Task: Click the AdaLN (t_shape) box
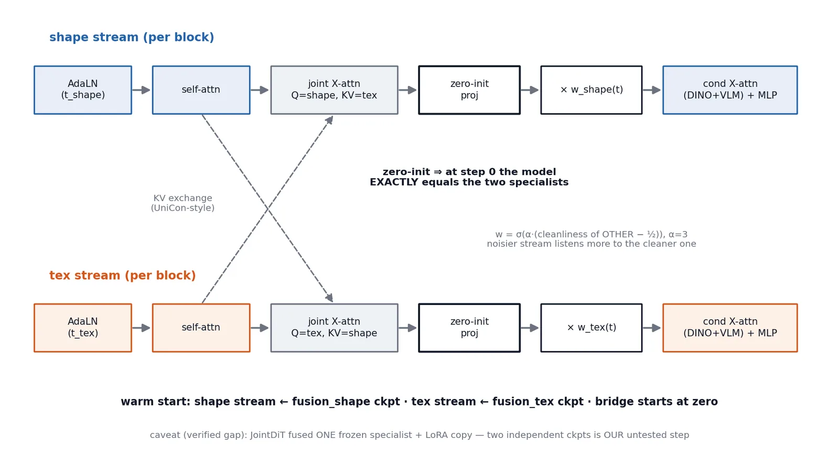tap(83, 90)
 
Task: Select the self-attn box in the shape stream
tap(201, 90)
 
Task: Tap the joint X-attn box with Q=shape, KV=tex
tap(334, 90)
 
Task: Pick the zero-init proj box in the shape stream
tap(469, 90)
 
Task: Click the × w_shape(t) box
tap(591, 90)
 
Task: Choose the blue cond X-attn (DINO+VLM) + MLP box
tap(730, 90)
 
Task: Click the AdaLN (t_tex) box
tap(83, 328)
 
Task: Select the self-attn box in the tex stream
tap(201, 328)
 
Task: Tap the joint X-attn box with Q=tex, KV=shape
tap(334, 328)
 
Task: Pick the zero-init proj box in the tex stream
tap(469, 328)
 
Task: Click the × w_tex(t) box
tap(591, 328)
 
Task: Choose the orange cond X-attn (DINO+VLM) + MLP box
tap(730, 328)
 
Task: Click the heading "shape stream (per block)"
tap(132, 37)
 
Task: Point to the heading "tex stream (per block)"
tap(123, 276)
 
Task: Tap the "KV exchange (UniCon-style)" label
tap(183, 203)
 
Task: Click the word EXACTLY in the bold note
tap(394, 182)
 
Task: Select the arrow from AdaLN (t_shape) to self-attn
tap(141, 90)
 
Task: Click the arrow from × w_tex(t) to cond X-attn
tap(652, 328)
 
